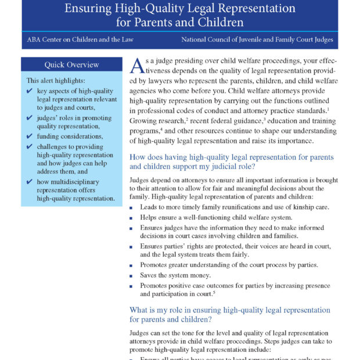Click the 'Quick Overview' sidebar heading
pyautogui.click(x=72, y=64)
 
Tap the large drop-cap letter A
pyautogui.click(x=136, y=65)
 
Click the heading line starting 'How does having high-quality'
pyautogui.click(x=231, y=157)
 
